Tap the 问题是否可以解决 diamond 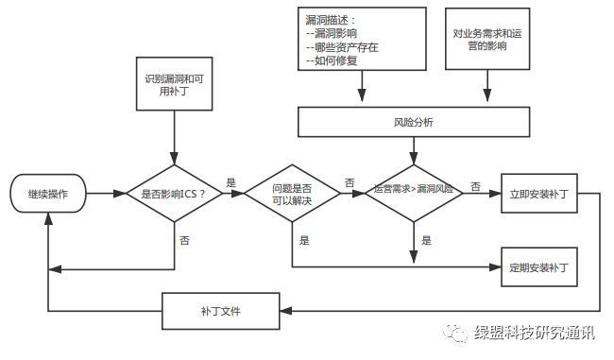pyautogui.click(x=292, y=196)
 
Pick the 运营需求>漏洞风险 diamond pyautogui.click(x=413, y=190)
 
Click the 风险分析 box pyautogui.click(x=413, y=122)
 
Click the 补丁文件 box pyautogui.click(x=220, y=309)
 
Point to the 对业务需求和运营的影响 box pyautogui.click(x=487, y=39)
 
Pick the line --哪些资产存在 pyautogui.click(x=341, y=46)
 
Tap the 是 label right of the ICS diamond pyautogui.click(x=230, y=181)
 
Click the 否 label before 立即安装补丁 pyautogui.click(x=474, y=186)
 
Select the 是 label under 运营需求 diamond pyautogui.click(x=426, y=240)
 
